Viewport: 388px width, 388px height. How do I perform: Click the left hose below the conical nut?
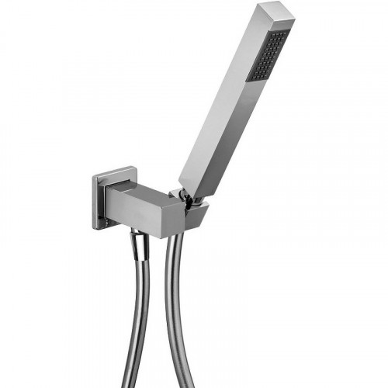click(138, 310)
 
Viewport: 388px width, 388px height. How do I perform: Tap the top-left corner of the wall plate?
click(94, 177)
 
